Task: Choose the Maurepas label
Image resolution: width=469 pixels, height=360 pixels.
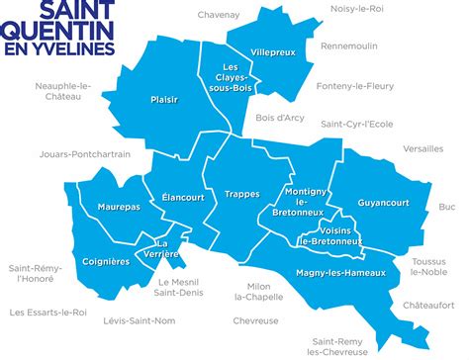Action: [119, 208]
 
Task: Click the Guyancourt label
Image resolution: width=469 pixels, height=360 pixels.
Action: [383, 203]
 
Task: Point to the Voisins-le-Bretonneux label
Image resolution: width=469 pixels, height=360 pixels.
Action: [334, 234]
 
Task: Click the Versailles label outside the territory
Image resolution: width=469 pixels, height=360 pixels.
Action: [423, 148]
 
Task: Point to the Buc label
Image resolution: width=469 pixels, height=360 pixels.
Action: [447, 207]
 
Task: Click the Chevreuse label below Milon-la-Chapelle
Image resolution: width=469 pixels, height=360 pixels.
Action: [255, 320]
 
